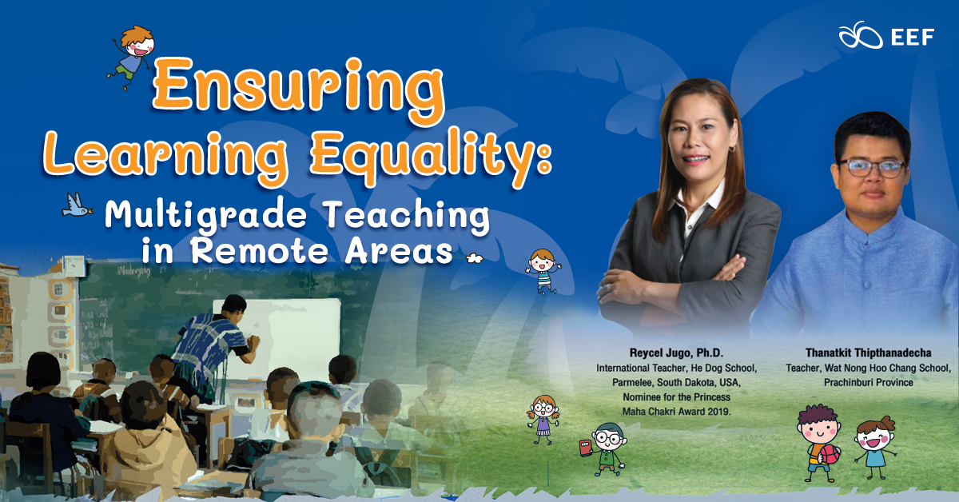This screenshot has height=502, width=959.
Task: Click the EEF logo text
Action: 913,38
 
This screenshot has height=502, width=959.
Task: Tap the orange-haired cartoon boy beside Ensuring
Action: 131,57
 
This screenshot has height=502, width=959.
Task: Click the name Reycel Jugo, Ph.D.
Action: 676,353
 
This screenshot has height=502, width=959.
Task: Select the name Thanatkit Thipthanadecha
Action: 868,353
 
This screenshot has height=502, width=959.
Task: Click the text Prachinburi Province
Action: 868,382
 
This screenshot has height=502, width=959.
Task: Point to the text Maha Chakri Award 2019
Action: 676,412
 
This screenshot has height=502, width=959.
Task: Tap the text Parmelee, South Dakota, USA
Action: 676,382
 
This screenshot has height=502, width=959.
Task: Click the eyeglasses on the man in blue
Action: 872,168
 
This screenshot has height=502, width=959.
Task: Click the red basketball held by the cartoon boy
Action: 830,455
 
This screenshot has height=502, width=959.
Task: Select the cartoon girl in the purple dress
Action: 543,420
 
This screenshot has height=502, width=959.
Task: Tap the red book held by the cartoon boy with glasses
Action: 586,448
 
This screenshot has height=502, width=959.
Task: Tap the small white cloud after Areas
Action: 475,258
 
